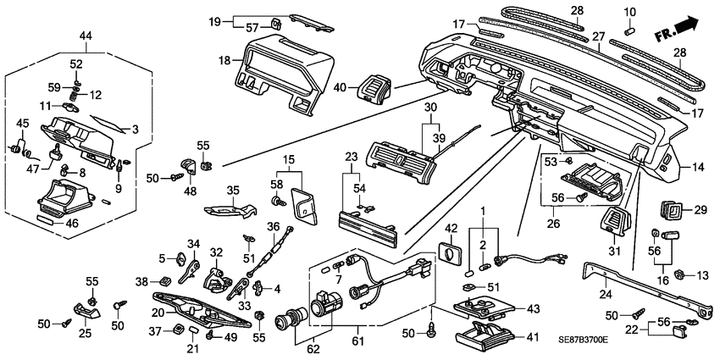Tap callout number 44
coord(86,36)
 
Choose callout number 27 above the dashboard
coord(598,37)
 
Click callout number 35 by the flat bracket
coord(233,190)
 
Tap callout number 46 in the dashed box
coord(71,224)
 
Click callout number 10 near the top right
coord(629,11)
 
